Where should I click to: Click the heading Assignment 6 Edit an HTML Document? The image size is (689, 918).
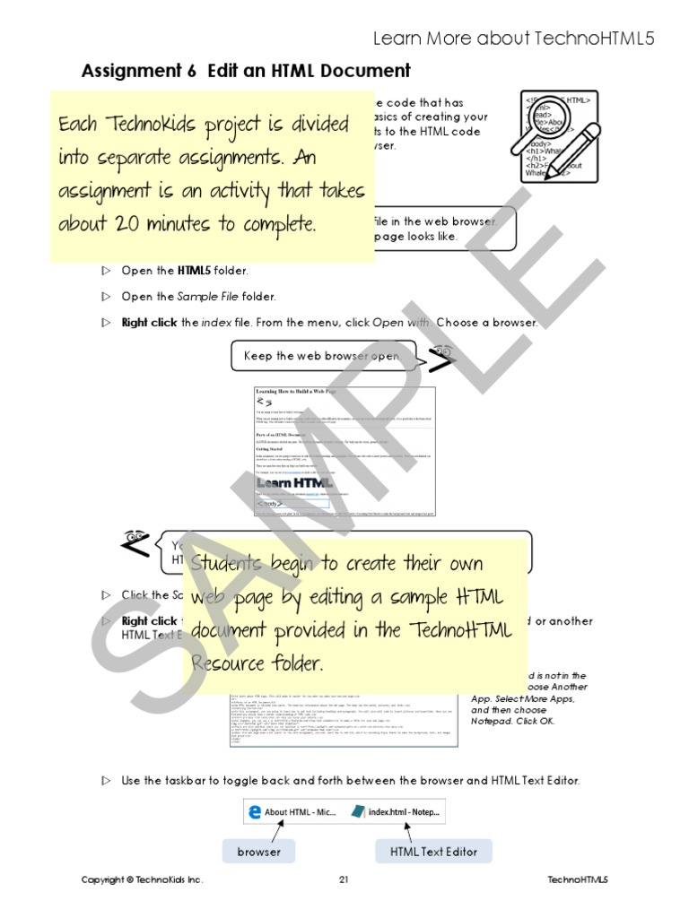[246, 72]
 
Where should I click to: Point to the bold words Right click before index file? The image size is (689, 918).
[149, 323]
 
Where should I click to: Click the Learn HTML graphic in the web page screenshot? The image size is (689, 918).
[295, 482]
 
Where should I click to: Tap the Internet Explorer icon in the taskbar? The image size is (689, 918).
[254, 812]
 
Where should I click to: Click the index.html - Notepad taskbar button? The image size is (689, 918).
[396, 812]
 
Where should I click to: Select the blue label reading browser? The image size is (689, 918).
[258, 852]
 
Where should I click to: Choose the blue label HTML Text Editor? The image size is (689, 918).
[434, 852]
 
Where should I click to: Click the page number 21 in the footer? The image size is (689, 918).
[344, 880]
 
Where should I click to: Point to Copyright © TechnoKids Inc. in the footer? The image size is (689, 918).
[142, 880]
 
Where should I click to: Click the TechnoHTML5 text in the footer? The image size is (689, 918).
[577, 880]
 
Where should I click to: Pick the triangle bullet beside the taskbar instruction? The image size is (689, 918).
[106, 781]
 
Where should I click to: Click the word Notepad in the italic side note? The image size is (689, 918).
[492, 720]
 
